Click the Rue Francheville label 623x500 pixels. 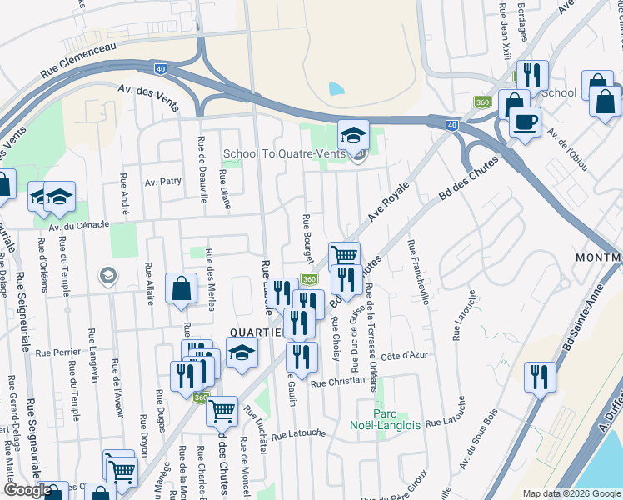pos(417,272)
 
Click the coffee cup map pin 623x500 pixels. pos(524,122)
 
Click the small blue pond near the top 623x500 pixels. pos(336,88)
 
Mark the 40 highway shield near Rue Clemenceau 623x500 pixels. pos(161,69)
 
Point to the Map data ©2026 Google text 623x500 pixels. pos(571,493)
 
